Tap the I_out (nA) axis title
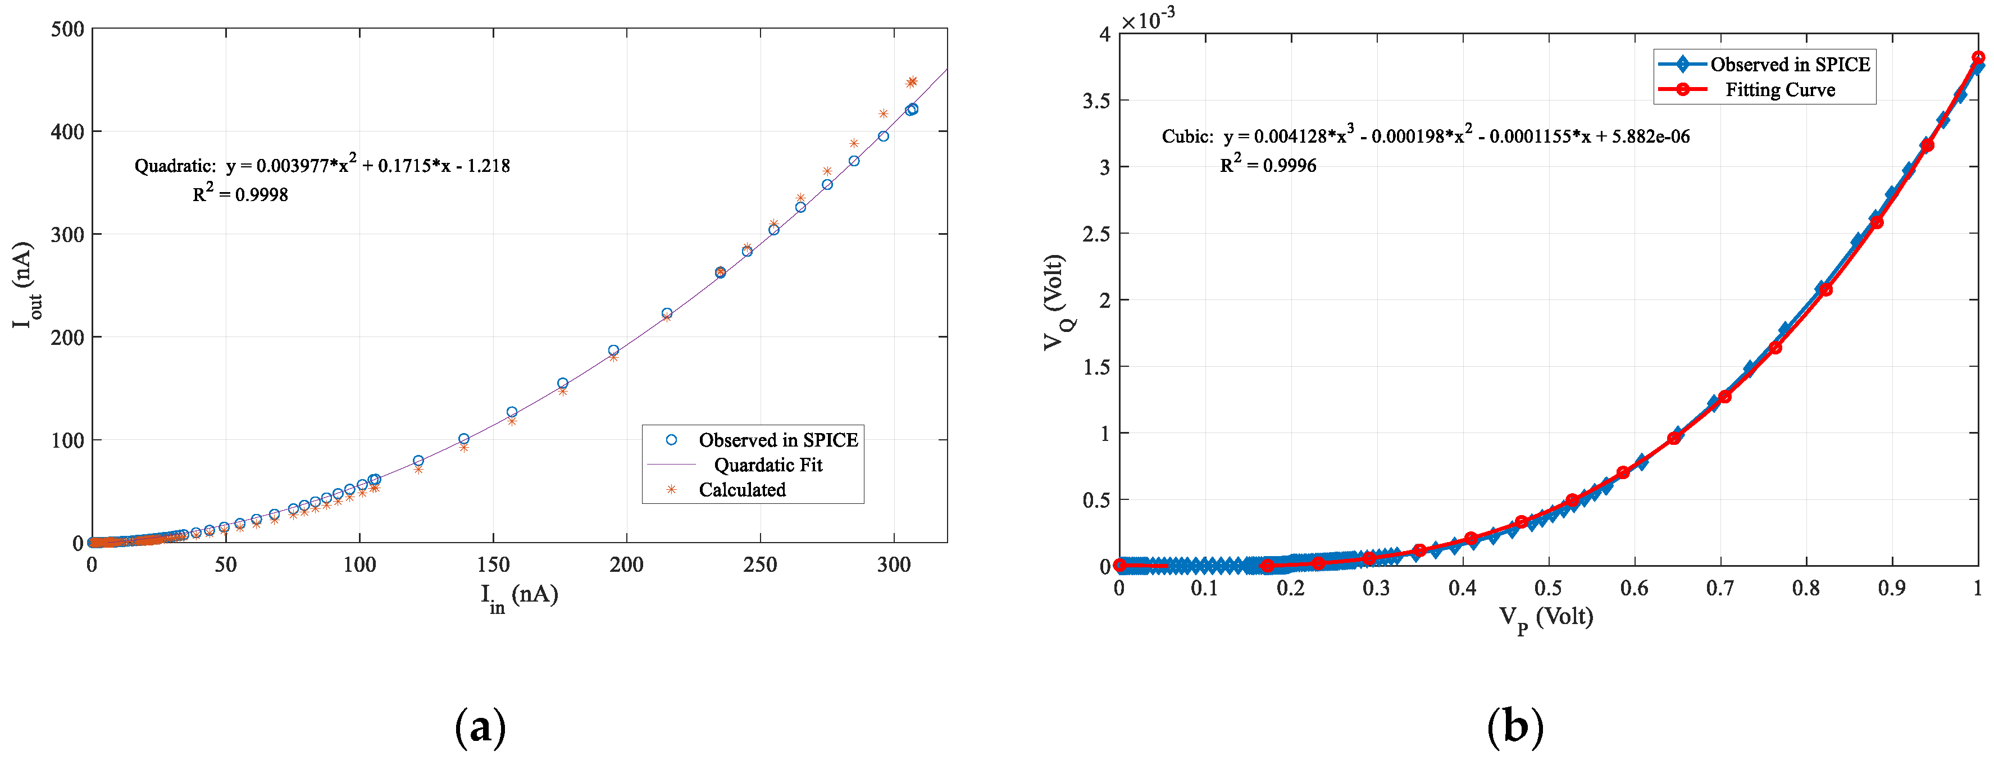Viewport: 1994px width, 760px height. (x=25, y=285)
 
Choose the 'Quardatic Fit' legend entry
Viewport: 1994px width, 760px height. (x=767, y=465)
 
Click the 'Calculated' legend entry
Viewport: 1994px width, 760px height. (x=741, y=489)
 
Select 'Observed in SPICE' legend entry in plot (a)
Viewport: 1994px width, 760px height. (x=778, y=440)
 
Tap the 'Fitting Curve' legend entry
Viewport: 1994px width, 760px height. (x=1779, y=90)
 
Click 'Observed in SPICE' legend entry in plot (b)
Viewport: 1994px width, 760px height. (x=1790, y=64)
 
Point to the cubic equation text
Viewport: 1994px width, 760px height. (x=1425, y=135)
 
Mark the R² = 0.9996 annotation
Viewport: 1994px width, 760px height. (x=1268, y=164)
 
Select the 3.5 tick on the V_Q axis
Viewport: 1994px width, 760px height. (x=1095, y=101)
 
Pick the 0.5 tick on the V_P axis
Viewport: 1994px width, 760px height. (x=1547, y=588)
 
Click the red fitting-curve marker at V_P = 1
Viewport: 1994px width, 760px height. (x=1978, y=58)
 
